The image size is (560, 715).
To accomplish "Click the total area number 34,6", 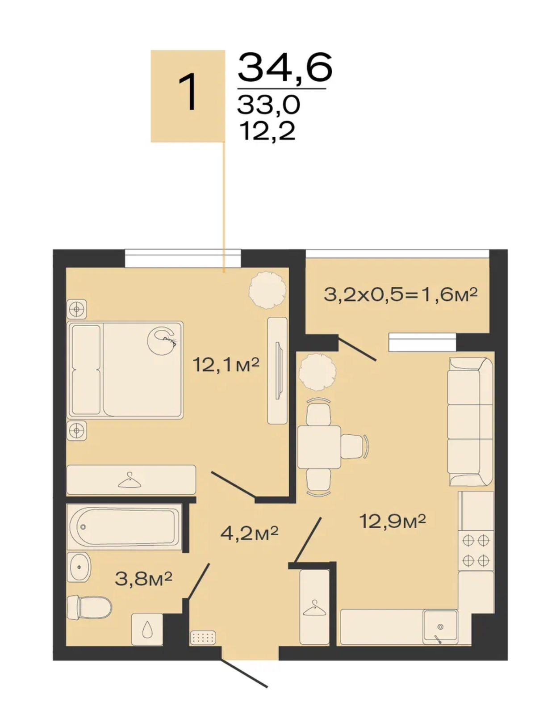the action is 285,68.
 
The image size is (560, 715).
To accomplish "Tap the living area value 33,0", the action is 269,105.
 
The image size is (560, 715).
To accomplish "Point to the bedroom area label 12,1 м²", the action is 227,365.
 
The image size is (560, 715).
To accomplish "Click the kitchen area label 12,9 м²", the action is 393,521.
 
